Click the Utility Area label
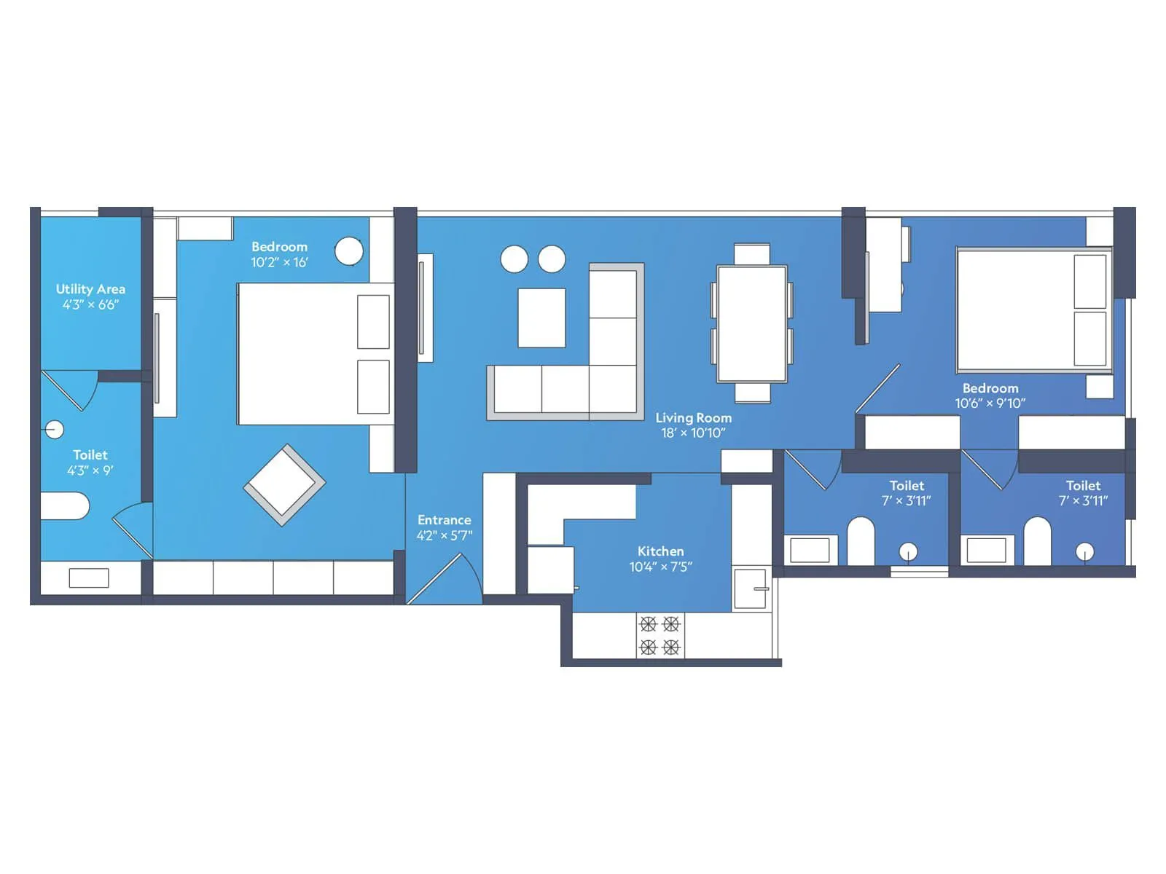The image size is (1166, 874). click(90, 289)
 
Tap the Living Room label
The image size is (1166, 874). click(693, 418)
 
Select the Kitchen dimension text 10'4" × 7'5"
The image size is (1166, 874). click(660, 567)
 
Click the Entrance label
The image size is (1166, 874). click(444, 520)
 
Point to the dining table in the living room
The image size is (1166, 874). click(751, 323)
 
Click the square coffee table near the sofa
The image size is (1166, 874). click(541, 318)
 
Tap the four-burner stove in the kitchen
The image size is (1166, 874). click(660, 635)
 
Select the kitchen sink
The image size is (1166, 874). click(751, 588)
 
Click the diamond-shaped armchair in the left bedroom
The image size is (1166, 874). click(284, 484)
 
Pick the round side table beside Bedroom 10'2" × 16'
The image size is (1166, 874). click(349, 251)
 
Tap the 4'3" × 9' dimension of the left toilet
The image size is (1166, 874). click(90, 471)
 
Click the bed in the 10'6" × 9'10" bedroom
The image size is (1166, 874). click(1033, 310)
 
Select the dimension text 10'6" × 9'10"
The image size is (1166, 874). click(990, 403)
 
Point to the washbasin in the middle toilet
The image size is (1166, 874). click(810, 550)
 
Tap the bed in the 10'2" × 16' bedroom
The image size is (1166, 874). click(313, 354)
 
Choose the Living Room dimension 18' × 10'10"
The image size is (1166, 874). click(693, 433)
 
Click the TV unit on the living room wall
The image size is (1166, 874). click(425, 307)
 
